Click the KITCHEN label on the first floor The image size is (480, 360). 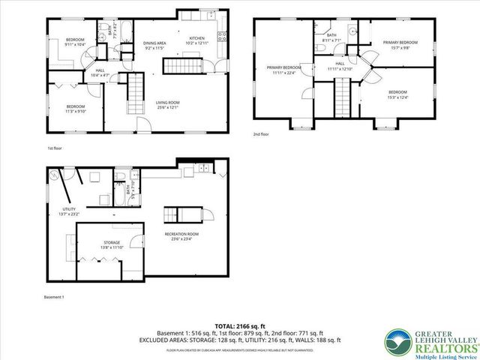pyautogui.click(x=196, y=40)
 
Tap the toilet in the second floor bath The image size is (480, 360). pyautogui.click(x=320, y=46)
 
